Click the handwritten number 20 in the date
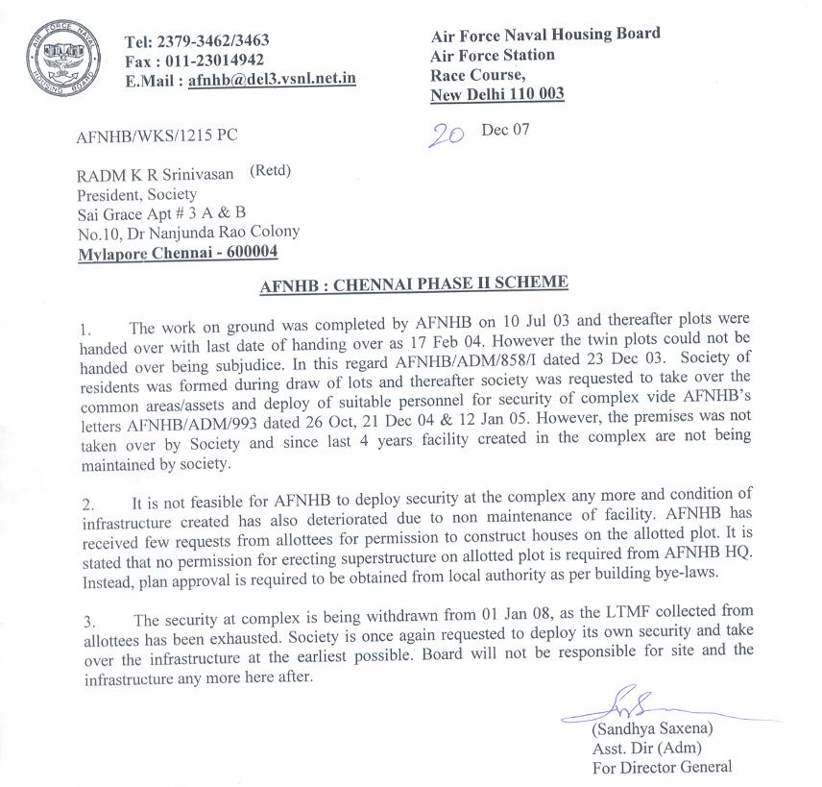pyautogui.click(x=446, y=135)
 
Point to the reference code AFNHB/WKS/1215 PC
pyautogui.click(x=157, y=135)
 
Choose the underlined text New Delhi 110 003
pyautogui.click(x=497, y=94)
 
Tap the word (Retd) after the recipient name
pyautogui.click(x=270, y=172)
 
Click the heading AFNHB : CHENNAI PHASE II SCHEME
pyautogui.click(x=415, y=283)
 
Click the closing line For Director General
pyautogui.click(x=663, y=767)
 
